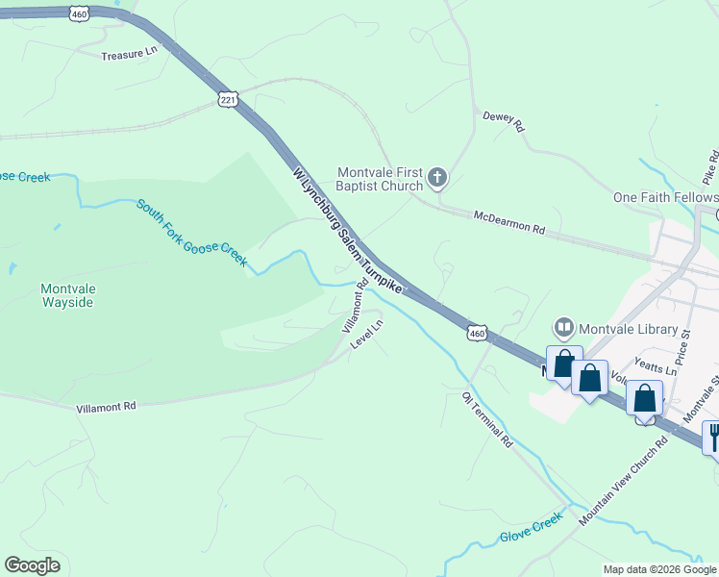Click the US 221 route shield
228,100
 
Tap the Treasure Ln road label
129,56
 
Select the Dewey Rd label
504,122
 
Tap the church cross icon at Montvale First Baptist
436,176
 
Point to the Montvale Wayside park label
67,295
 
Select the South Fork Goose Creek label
191,234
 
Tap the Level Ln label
367,335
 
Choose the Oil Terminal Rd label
487,420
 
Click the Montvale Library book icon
563,329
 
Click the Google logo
33,565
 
